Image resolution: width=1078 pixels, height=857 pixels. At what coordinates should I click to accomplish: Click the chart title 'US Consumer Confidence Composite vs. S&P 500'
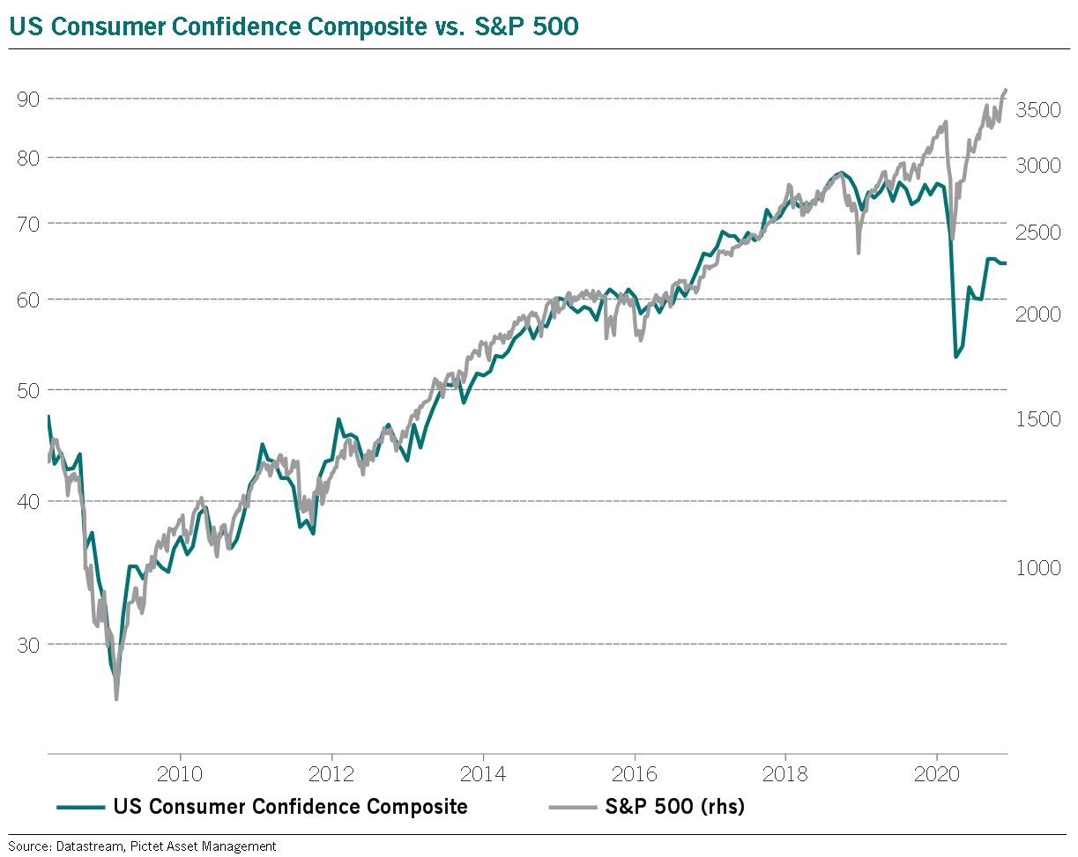point(294,26)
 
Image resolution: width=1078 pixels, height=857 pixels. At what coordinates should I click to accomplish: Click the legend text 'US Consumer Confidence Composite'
point(290,806)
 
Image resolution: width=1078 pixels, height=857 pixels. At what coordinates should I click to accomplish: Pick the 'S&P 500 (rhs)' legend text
point(675,806)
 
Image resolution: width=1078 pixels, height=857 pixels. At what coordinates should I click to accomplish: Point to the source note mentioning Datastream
point(142,846)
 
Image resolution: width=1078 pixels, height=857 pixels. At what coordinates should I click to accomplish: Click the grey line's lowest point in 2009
point(116,699)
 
